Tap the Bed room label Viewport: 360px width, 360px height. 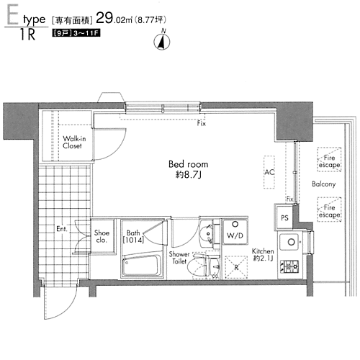(x=189, y=164)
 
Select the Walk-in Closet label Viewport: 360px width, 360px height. (x=74, y=142)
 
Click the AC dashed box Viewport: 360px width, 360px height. (x=269, y=172)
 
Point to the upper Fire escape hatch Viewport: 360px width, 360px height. (x=329, y=159)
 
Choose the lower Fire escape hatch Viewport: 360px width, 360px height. (x=329, y=210)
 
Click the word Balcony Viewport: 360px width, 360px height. (x=324, y=184)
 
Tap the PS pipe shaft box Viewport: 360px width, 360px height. (x=284, y=217)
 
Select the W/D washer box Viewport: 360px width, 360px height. (x=235, y=232)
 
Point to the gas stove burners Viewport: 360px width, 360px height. (x=289, y=266)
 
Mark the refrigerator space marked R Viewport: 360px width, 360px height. (x=236, y=267)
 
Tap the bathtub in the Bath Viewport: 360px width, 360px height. (x=142, y=265)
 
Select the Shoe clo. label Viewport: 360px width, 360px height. (x=102, y=236)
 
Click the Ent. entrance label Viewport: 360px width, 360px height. (x=62, y=229)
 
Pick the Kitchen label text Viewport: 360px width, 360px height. (x=263, y=251)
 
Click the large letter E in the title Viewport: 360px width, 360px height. (x=12, y=16)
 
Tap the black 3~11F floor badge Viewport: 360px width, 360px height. (x=76, y=33)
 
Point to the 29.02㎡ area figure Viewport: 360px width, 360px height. (x=114, y=18)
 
